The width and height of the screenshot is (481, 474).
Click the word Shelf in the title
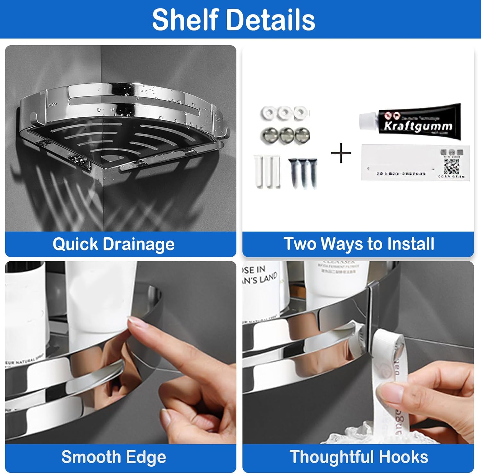click(185, 20)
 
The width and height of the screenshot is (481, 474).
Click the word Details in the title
click(271, 20)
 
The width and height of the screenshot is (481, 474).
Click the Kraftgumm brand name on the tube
click(418, 126)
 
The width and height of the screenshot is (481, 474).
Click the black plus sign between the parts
click(341, 153)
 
